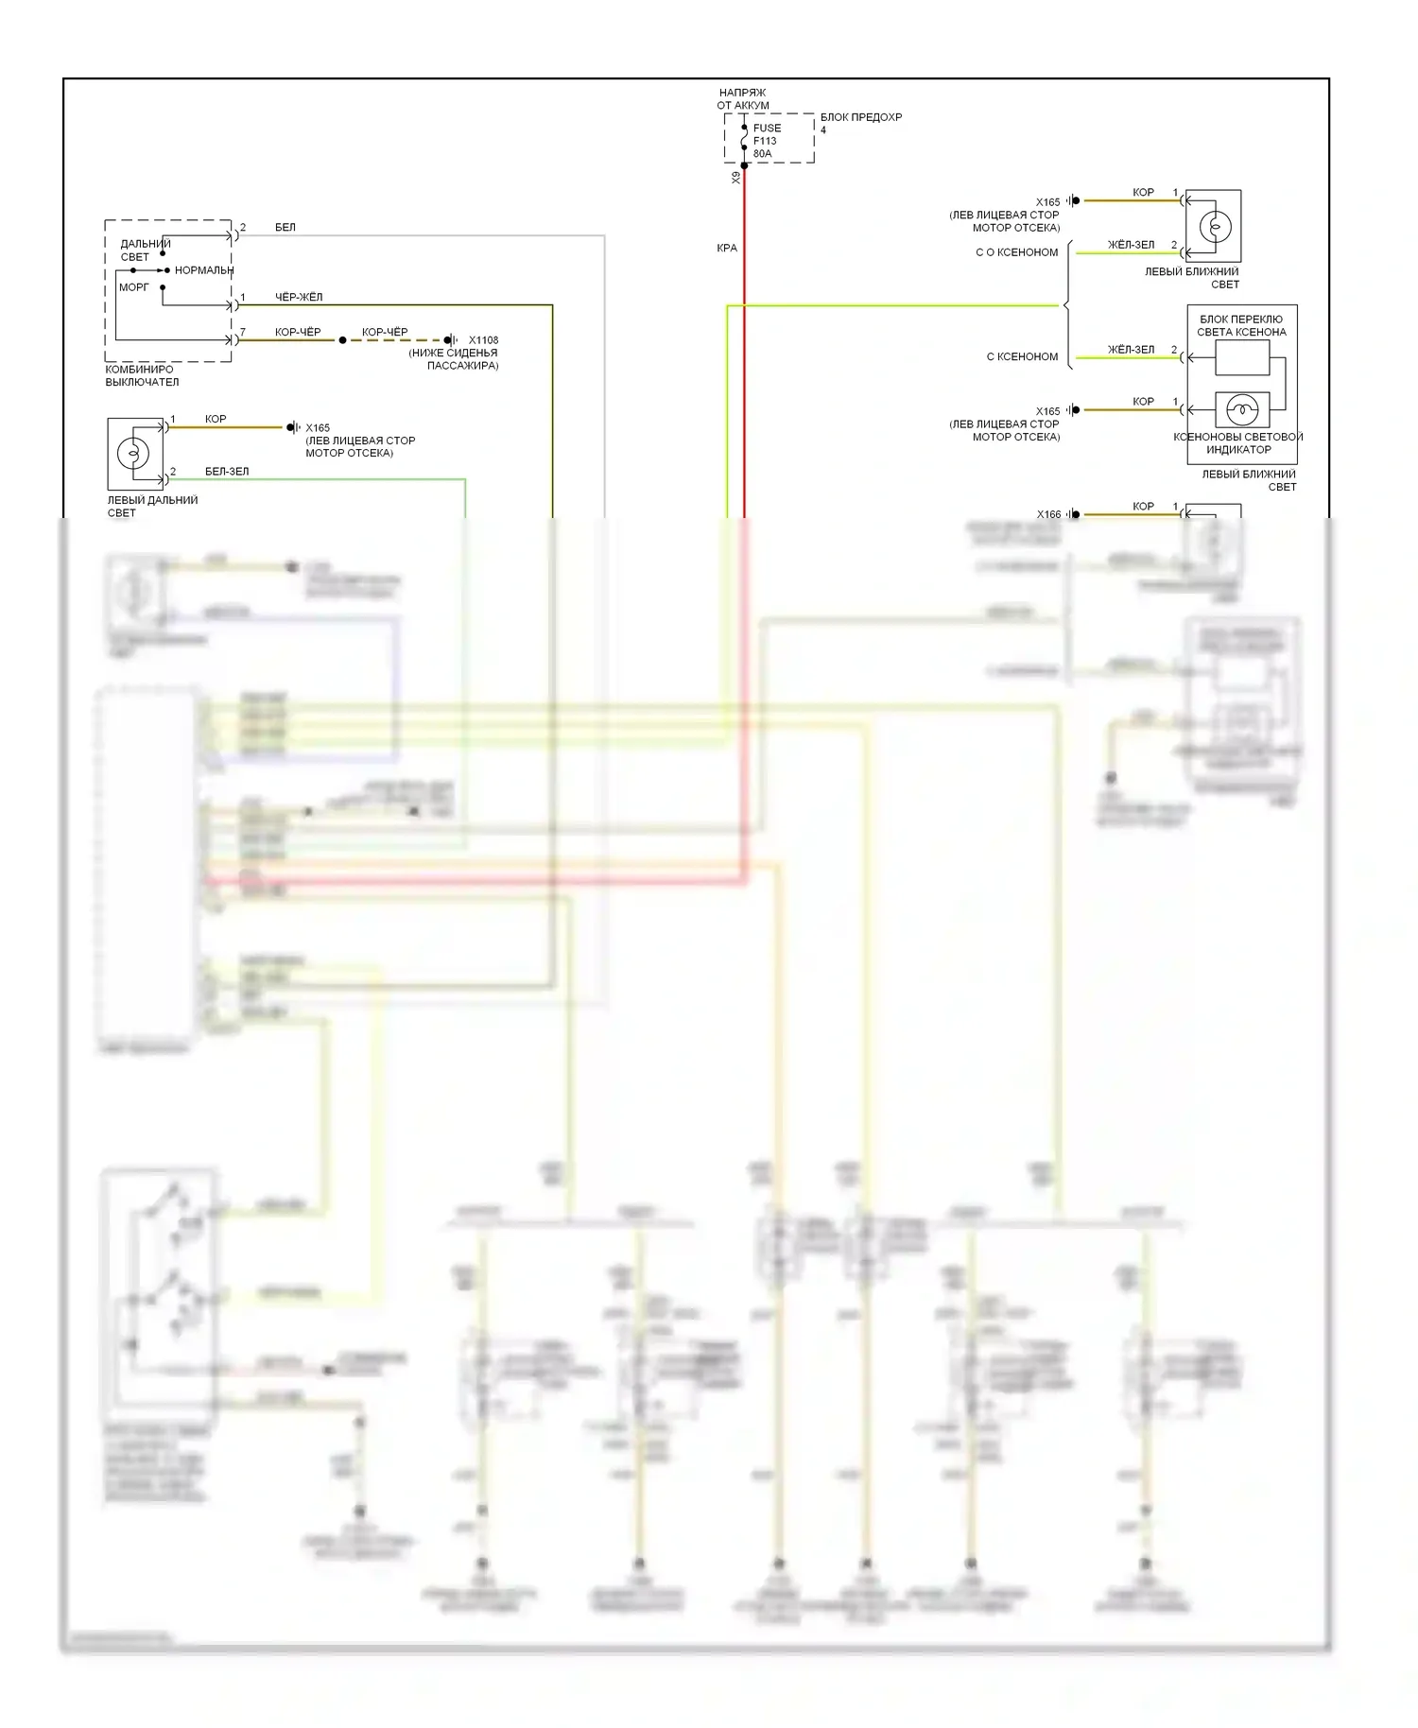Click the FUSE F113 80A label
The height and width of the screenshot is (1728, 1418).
click(x=767, y=141)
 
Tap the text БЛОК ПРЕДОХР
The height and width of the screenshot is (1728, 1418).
click(x=860, y=117)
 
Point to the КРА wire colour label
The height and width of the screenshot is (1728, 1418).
click(x=726, y=248)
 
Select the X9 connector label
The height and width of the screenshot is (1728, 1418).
click(x=735, y=178)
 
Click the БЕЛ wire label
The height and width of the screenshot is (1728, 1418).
click(x=285, y=227)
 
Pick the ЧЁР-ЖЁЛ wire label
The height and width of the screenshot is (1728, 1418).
click(x=299, y=297)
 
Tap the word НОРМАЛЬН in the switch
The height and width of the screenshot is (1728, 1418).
click(x=203, y=270)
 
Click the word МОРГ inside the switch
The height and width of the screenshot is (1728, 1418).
click(x=133, y=287)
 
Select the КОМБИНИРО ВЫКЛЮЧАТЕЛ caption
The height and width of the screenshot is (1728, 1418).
click(x=142, y=375)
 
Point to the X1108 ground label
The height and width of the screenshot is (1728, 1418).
click(x=483, y=340)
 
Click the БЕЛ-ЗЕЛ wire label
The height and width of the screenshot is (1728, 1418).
click(x=227, y=471)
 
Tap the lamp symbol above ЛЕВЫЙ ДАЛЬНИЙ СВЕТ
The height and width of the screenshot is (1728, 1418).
click(x=133, y=454)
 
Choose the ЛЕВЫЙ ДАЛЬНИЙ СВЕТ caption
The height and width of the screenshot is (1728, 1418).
click(x=152, y=506)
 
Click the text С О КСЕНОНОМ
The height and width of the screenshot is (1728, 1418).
click(x=1016, y=252)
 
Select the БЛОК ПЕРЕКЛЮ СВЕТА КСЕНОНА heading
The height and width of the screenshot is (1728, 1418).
click(x=1241, y=325)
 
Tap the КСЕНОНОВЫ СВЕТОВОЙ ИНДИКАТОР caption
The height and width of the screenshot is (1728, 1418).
click(x=1237, y=442)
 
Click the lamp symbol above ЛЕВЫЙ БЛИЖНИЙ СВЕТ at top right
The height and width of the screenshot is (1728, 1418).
click(x=1215, y=227)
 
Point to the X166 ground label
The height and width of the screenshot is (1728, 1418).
click(x=1048, y=514)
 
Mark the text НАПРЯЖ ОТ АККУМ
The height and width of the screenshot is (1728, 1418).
click(x=742, y=99)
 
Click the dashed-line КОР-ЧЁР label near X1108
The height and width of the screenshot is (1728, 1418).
click(x=385, y=332)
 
